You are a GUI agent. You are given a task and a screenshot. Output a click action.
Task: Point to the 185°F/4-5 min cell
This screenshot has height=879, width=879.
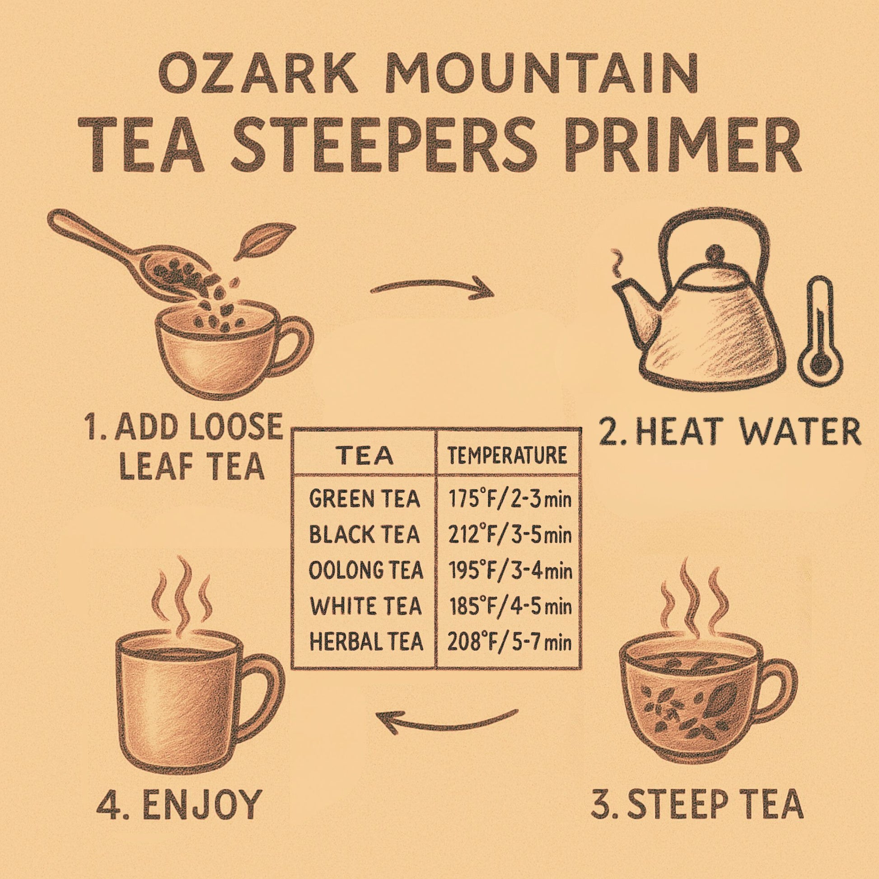[x=509, y=607]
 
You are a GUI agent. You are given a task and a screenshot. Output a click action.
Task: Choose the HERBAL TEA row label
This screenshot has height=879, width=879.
[x=366, y=642]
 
